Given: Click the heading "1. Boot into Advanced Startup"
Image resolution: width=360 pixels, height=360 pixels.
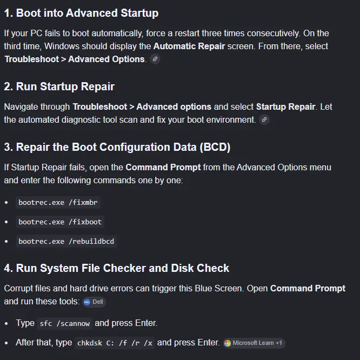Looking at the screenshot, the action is tap(81, 13).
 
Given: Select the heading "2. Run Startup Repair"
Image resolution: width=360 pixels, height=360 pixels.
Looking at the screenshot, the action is tap(59, 86).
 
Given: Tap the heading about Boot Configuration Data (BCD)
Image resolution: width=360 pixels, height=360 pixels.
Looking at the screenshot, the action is tap(117, 147).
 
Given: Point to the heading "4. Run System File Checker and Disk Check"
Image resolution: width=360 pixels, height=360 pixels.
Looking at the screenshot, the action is tap(117, 268).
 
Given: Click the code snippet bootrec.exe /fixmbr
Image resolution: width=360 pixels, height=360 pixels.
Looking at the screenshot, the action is tap(58, 203).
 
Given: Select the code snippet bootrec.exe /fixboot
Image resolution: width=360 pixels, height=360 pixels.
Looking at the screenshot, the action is tap(60, 222).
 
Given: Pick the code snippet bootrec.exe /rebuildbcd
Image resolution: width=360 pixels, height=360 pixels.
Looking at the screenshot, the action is tap(66, 241).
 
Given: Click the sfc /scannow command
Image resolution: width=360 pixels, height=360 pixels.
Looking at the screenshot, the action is tap(64, 323).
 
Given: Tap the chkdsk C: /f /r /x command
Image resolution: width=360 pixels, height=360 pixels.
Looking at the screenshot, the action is tap(115, 343).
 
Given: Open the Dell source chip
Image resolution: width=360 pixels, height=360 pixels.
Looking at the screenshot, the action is tap(94, 302).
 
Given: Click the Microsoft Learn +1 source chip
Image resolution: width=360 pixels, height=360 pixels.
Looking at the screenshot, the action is tap(254, 343).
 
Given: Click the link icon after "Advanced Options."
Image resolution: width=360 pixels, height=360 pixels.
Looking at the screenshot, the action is tap(155, 59).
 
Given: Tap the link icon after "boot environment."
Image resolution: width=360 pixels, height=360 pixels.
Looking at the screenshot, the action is tap(264, 119).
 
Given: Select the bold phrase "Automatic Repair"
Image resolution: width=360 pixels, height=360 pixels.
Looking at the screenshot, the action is tap(189, 46).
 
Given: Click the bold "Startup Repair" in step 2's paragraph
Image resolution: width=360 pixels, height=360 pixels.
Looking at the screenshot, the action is tap(285, 107).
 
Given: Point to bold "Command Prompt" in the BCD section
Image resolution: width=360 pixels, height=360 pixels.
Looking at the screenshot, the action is tap(163, 168).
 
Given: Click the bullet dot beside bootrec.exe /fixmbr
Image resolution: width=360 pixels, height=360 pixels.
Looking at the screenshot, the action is tap(6, 203).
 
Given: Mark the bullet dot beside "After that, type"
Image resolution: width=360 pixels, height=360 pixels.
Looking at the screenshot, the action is tap(6, 343).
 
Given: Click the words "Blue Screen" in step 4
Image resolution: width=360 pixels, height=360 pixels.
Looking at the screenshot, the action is tap(219, 288).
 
